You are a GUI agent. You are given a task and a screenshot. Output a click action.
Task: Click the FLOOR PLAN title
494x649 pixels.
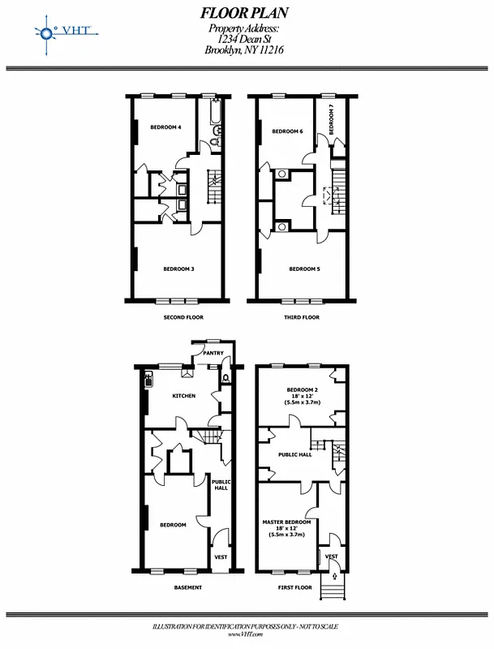click(244, 13)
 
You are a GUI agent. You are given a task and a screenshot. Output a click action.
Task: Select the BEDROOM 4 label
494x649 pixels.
click(165, 127)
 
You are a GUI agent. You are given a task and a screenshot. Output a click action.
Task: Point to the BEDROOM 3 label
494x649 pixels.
click(178, 269)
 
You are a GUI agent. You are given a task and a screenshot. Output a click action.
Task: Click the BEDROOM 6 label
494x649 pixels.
click(287, 131)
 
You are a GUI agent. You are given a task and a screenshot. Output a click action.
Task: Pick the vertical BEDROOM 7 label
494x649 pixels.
click(331, 119)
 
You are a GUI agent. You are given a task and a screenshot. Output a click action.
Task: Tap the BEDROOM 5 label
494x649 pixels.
click(304, 269)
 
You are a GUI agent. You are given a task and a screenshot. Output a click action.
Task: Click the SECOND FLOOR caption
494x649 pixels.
click(183, 317)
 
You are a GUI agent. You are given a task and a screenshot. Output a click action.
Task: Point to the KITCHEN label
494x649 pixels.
click(183, 396)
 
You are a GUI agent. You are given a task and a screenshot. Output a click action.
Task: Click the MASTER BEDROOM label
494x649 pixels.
click(286, 522)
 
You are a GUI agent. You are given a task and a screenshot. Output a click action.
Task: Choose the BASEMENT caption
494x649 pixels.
click(187, 587)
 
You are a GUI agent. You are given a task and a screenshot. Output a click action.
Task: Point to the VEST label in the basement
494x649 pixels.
click(220, 557)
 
